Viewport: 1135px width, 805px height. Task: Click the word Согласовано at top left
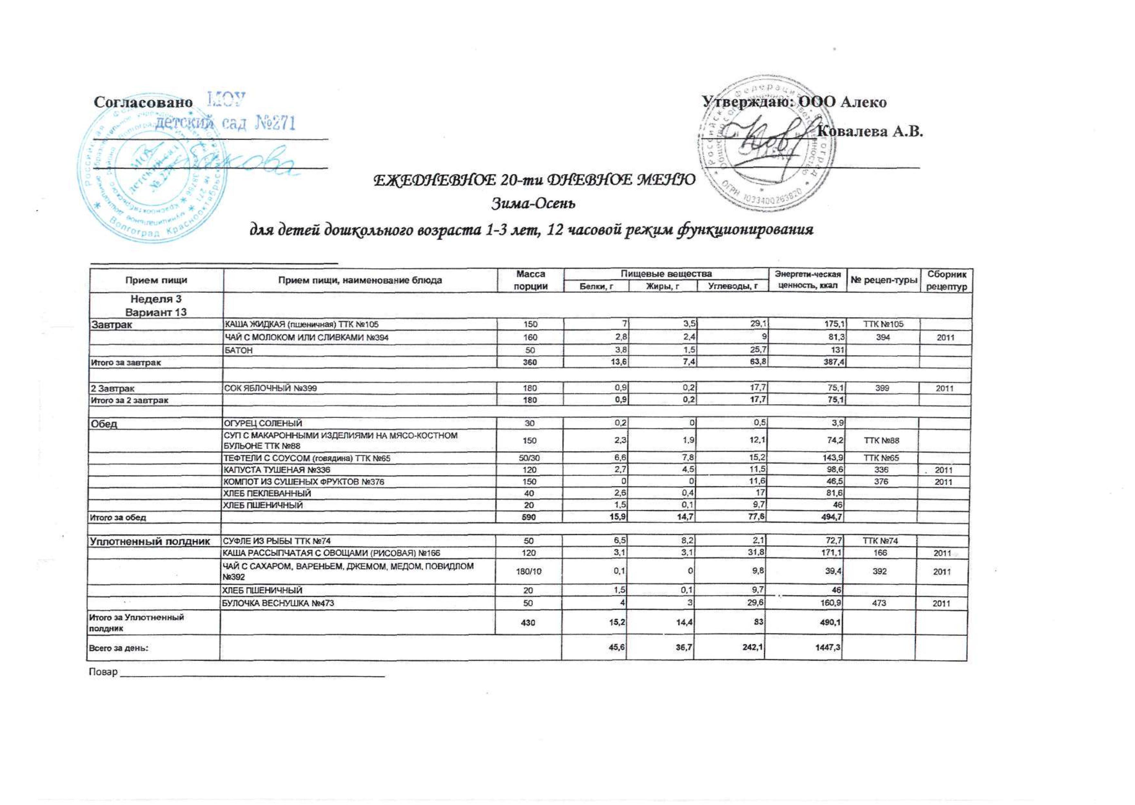pyautogui.click(x=143, y=102)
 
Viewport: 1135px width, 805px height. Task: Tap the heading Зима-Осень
pyautogui.click(x=533, y=203)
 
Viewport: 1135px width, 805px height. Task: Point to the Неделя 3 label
pyautogui.click(x=156, y=299)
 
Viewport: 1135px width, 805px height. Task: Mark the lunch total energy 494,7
pyautogui.click(x=832, y=517)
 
